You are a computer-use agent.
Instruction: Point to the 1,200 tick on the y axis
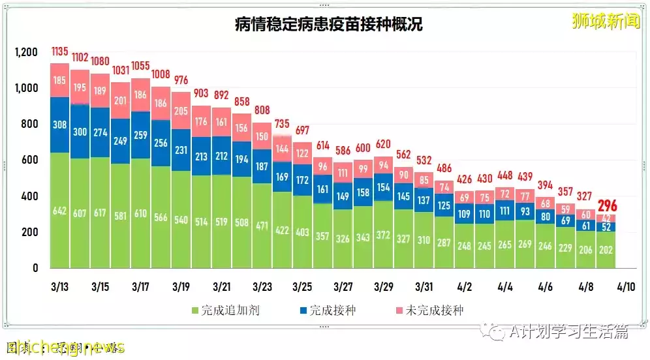coord(27,52)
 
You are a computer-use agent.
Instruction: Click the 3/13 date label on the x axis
coord(59,286)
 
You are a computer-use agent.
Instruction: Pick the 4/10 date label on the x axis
coord(626,286)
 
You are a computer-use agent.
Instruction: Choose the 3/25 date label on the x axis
coord(302,286)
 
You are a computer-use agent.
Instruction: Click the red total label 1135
coord(59,52)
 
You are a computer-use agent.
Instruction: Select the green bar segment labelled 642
coord(59,210)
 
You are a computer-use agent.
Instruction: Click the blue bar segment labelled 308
coord(59,125)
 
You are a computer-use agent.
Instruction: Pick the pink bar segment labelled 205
coord(181,111)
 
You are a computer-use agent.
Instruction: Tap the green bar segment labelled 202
coord(606,250)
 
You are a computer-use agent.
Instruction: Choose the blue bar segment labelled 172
coord(302,179)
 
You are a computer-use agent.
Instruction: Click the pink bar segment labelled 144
coord(282,149)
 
